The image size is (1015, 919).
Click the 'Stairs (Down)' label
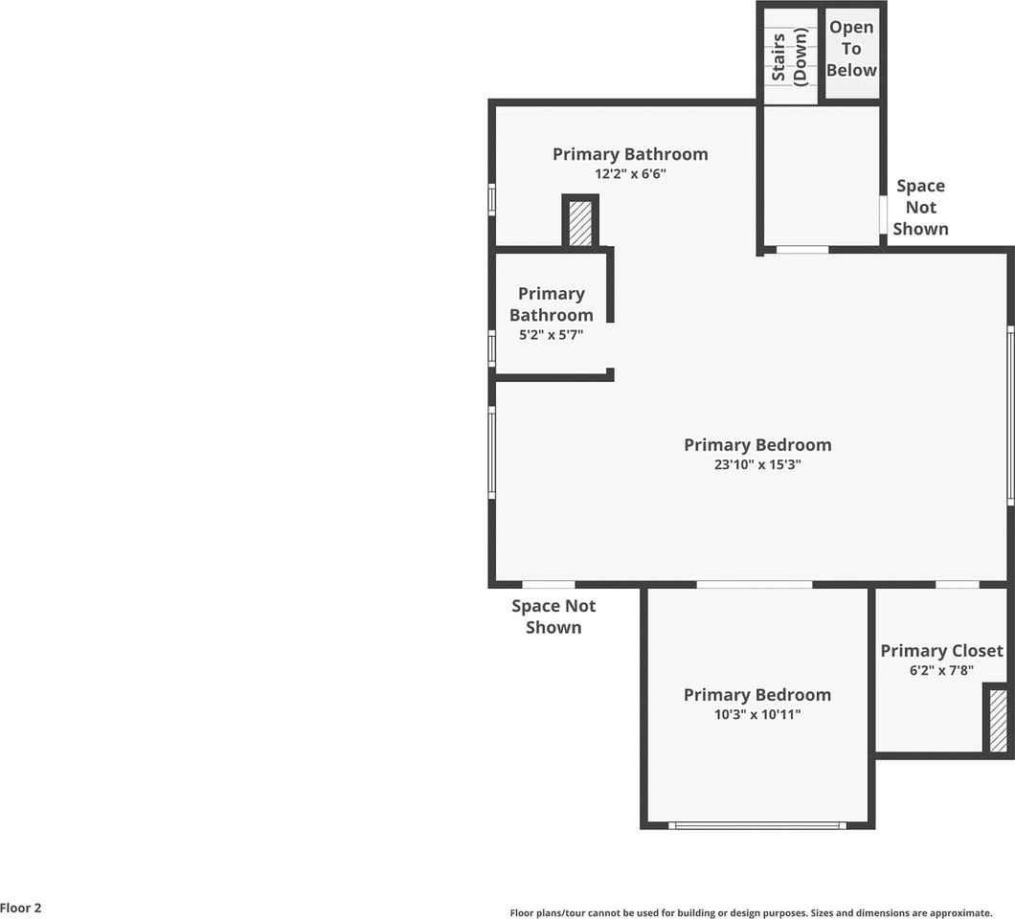click(790, 56)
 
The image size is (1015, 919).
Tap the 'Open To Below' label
click(851, 49)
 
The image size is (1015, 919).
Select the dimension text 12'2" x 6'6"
click(629, 174)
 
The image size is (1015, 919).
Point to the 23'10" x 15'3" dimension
click(756, 465)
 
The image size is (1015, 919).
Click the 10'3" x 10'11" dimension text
click(756, 714)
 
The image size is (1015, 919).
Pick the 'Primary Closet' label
click(941, 651)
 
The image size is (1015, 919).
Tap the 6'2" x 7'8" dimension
click(941, 670)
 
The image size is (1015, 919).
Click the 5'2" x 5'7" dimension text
click(551, 335)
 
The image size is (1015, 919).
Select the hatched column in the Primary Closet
click(998, 720)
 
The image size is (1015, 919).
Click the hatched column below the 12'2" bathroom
click(580, 223)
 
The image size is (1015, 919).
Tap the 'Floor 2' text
click(21, 908)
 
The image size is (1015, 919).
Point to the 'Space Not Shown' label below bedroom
click(553, 616)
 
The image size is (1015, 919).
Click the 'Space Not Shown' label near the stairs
click(920, 207)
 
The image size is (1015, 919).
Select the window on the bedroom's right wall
click(1010, 415)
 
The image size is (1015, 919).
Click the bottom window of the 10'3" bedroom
click(756, 825)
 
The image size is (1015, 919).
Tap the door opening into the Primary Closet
click(957, 584)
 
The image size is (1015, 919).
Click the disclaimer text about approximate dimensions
click(751, 913)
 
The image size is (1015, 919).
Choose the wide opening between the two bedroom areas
click(754, 584)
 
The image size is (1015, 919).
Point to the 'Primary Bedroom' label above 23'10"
click(756, 445)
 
